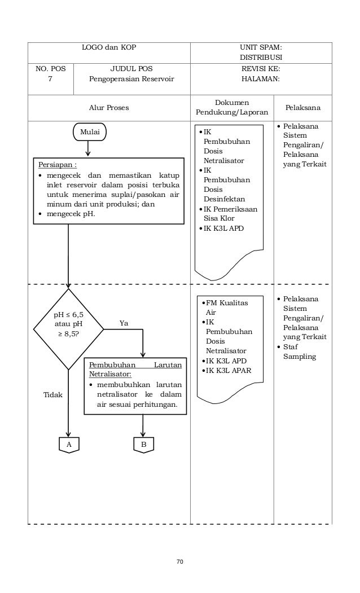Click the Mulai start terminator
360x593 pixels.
click(x=90, y=132)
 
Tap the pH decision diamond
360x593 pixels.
click(x=68, y=329)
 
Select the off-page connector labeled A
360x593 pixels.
click(x=69, y=445)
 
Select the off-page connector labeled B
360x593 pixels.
click(x=143, y=445)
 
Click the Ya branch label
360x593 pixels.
click(x=124, y=323)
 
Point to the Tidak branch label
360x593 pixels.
click(x=53, y=395)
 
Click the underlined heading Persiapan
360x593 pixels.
click(x=58, y=165)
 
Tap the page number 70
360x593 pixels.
click(x=180, y=561)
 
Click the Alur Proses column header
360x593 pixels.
click(x=109, y=108)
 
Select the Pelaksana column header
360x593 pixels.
click(x=303, y=108)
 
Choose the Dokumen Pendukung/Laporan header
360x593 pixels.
click(x=232, y=107)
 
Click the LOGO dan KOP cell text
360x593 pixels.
click(x=109, y=47)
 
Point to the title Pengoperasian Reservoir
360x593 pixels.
click(x=131, y=78)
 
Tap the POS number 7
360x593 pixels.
click(x=50, y=78)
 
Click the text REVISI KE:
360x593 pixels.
click(x=261, y=68)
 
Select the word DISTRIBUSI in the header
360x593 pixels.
click(x=261, y=58)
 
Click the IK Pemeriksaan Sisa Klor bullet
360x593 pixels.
click(x=228, y=214)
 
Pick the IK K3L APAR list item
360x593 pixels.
click(x=226, y=371)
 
